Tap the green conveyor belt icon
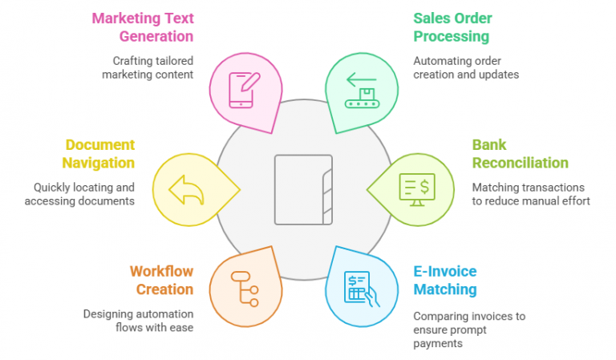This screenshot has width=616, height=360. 363,98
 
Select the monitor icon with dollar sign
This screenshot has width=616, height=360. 417,189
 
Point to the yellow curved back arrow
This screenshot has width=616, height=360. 186,190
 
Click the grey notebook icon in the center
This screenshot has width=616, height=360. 303,189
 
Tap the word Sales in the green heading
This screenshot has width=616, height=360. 432,18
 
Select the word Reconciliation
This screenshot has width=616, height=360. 520,163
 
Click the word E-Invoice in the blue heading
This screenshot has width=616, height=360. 444,271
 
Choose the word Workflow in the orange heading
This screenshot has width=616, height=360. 161,271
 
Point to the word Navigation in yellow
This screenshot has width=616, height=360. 98,163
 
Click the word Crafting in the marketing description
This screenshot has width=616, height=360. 128,61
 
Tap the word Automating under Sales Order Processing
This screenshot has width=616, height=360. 440,61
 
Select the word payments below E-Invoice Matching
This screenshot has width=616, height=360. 438,343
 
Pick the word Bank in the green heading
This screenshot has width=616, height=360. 489,145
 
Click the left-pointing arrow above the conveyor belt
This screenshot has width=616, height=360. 362,79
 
